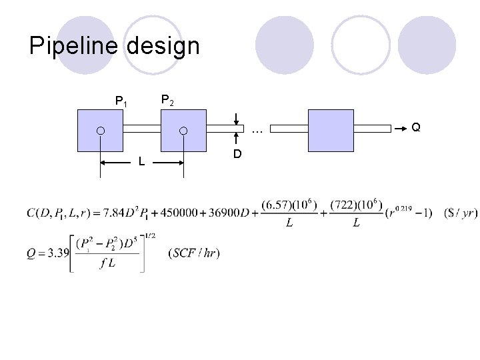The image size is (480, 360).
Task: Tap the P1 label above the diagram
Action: point(121,102)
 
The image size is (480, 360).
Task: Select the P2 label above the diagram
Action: point(168,101)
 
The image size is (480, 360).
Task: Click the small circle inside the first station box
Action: point(100,131)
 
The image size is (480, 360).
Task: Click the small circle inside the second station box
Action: point(183,131)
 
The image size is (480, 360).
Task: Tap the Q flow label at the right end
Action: point(415,127)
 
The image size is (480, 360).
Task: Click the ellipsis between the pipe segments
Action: point(257,130)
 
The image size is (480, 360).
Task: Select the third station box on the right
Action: point(331,131)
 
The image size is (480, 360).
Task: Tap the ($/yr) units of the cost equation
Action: point(460,213)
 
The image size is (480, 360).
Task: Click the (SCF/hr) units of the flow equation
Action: point(195,253)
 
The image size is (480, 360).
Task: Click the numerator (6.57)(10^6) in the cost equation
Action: point(289,204)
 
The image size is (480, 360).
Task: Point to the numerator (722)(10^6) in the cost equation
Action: point(356,204)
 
